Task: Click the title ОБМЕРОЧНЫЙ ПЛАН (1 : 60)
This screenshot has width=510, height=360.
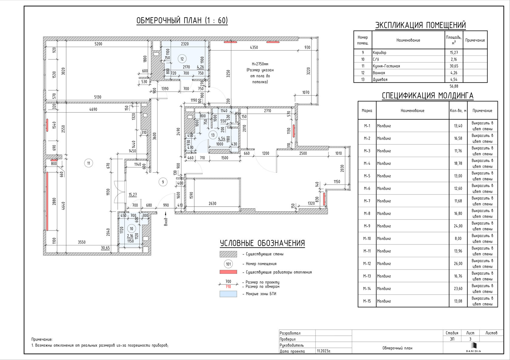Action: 182,21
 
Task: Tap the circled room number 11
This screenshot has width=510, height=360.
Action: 89,163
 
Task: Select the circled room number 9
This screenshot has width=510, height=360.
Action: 163,182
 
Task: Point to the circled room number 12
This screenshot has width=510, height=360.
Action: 182,59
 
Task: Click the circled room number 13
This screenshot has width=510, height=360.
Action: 213,135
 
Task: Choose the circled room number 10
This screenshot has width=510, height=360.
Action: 131,229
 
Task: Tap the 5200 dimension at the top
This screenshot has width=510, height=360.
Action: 98,44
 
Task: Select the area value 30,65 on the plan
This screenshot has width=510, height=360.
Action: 105,248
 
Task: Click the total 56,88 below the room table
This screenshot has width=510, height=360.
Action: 454,86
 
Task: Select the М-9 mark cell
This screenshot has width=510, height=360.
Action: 367,226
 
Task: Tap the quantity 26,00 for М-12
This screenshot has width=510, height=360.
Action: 458,264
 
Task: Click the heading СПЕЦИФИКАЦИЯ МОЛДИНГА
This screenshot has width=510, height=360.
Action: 427,96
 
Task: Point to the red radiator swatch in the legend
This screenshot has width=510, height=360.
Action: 228,272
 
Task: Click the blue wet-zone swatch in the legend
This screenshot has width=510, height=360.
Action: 228,294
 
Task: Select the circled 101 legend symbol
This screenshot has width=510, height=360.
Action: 228,264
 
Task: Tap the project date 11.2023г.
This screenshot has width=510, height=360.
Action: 324,351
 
